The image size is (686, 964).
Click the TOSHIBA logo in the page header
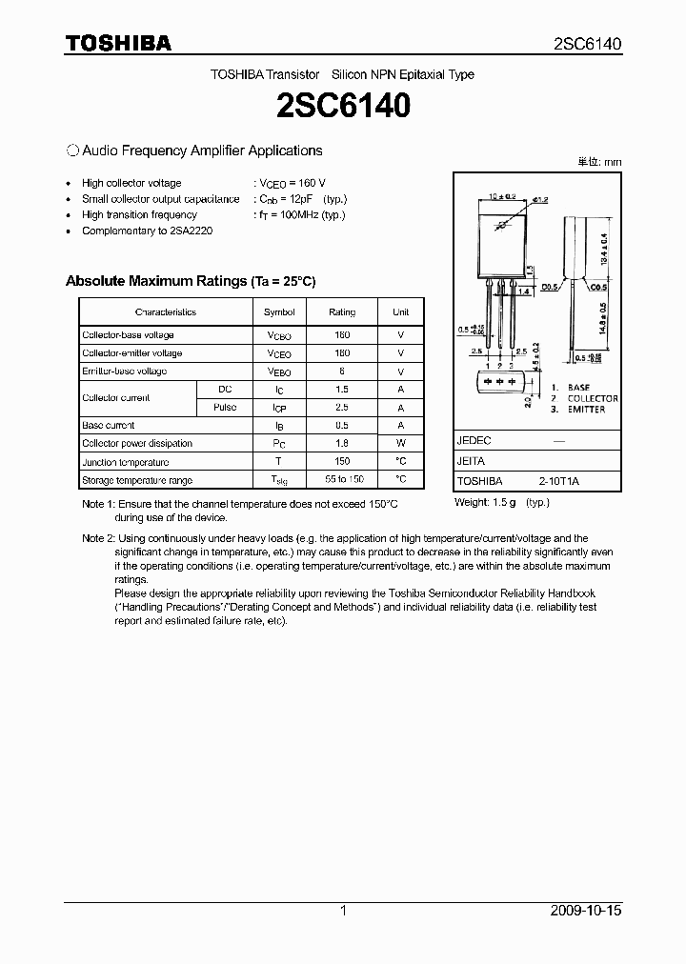click(x=118, y=43)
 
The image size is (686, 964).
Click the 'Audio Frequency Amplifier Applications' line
click(x=202, y=151)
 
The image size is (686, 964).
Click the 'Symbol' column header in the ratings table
click(x=279, y=312)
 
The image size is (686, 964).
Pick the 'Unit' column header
click(x=400, y=312)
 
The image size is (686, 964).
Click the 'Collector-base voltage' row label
click(x=128, y=335)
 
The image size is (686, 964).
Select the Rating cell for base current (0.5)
click(x=341, y=426)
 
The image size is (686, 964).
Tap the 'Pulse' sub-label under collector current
click(x=225, y=408)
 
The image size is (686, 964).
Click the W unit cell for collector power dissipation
click(x=400, y=444)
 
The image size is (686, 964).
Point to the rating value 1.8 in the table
click(x=341, y=444)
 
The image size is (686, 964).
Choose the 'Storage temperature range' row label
click(x=137, y=480)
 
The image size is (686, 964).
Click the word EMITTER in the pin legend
click(x=586, y=410)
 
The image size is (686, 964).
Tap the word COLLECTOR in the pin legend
click(x=593, y=399)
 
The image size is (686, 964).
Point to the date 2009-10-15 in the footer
click(x=586, y=911)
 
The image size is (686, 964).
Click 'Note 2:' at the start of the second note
click(x=98, y=539)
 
